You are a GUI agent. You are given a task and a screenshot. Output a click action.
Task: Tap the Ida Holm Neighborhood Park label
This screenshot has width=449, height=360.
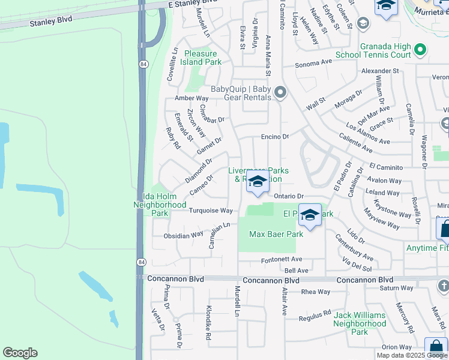point(160,204)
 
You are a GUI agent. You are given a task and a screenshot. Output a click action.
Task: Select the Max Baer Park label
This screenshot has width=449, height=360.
point(276,234)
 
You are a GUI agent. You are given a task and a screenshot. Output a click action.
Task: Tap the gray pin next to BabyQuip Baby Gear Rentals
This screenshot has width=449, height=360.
point(280,93)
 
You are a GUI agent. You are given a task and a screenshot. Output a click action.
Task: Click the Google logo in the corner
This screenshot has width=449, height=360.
point(20,353)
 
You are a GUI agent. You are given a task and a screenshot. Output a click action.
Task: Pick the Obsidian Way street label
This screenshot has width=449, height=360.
point(184,236)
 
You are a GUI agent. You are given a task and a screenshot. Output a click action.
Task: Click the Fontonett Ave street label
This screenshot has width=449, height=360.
point(281,260)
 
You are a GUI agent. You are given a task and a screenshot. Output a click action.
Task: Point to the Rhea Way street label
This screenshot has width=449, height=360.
point(316,292)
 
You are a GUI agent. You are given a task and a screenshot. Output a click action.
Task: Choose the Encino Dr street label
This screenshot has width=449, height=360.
point(275,137)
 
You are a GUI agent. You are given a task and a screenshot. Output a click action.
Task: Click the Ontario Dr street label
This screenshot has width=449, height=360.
point(289,196)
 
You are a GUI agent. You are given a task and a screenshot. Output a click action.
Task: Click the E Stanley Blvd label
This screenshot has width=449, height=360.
point(191,4)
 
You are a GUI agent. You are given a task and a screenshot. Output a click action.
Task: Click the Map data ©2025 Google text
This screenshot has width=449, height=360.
point(412,355)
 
